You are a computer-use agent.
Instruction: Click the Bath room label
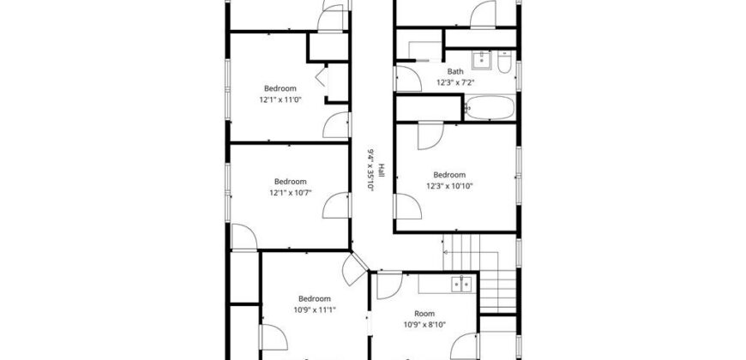point(455,72)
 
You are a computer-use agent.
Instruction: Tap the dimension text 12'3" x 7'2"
point(455,83)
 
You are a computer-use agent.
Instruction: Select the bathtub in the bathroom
point(490,107)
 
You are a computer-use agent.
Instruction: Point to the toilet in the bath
point(504,62)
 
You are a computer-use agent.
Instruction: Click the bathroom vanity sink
point(482,59)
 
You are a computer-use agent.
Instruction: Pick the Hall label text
point(381,171)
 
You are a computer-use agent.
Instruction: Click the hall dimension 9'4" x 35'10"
point(370,170)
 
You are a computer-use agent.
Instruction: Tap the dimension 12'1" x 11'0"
point(280,100)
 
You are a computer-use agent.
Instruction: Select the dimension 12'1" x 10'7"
point(290,193)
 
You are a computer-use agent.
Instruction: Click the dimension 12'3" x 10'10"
point(449,186)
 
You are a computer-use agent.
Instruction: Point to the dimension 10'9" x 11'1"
point(315,309)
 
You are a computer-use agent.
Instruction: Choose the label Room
point(424,314)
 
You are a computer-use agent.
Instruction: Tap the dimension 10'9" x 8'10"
point(424,325)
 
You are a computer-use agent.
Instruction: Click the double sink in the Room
point(461,284)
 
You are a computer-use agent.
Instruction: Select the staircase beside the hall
point(479,273)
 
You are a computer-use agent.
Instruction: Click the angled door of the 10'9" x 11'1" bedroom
point(355,268)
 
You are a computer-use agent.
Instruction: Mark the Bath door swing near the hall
point(408,79)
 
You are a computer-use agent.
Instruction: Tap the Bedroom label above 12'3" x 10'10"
point(449,175)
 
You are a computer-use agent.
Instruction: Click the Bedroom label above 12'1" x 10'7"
point(290,182)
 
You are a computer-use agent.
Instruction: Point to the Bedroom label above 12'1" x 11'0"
point(280,88)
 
